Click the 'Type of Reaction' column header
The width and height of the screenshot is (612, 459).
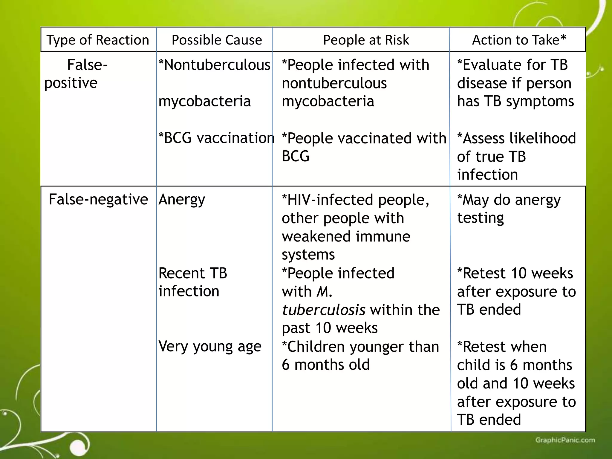coord(98,40)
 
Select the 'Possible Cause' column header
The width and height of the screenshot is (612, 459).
coord(217,40)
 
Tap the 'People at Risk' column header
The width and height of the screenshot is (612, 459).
coord(366,40)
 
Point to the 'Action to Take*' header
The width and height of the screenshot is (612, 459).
coord(519,40)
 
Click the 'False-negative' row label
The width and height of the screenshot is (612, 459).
coord(98,199)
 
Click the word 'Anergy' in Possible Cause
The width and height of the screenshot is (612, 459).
coord(182,199)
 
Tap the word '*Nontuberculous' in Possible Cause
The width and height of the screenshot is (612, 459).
coord(214,65)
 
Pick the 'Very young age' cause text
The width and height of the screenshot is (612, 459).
coord(210,347)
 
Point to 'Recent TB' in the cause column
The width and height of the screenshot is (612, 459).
coord(193,273)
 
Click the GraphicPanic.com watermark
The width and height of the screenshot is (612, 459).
coord(565,440)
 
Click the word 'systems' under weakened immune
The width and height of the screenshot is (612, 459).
coord(308,255)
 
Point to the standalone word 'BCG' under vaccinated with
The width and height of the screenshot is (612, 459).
coord(296,156)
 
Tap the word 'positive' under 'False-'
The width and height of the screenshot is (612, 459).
coord(71,83)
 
